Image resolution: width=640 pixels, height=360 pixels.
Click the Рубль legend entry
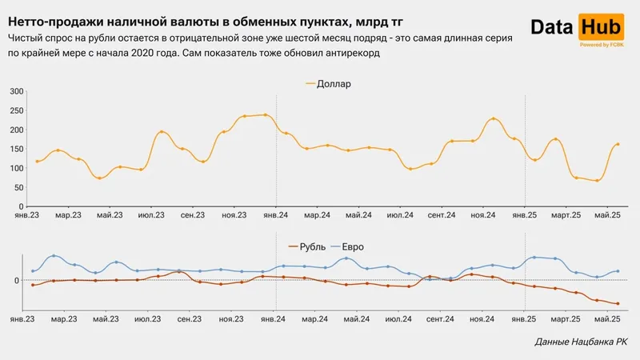(308, 246)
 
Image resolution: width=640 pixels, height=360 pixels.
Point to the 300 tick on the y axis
(17, 91)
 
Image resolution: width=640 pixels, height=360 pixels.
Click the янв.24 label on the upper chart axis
(276, 215)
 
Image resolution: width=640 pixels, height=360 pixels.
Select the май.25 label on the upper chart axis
(607, 215)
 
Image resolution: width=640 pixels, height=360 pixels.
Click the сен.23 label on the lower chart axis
(191, 318)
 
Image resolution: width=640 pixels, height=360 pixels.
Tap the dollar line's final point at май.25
(618, 145)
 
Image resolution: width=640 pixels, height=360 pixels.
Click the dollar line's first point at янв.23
(37, 162)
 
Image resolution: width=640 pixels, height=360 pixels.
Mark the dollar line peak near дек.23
(266, 114)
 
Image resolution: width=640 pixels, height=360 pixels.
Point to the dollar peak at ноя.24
(494, 119)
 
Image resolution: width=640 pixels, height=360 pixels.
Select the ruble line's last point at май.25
(618, 303)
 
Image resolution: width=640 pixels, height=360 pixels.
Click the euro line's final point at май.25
(618, 271)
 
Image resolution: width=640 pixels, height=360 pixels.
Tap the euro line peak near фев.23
(54, 256)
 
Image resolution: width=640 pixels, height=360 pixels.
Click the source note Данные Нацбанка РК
(581, 342)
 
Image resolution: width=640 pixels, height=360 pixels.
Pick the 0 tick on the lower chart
(17, 280)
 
